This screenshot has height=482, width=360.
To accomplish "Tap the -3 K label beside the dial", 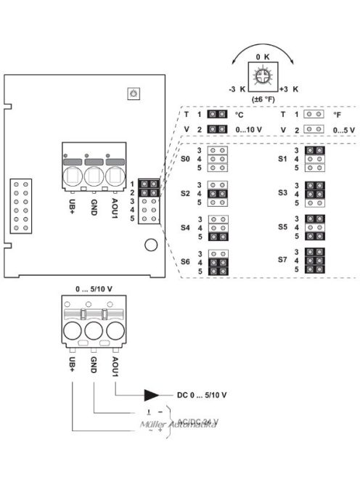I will coord(236,87).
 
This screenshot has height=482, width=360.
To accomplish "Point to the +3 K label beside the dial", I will coord(288,87).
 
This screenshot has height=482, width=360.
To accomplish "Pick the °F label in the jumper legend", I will coord(337,115).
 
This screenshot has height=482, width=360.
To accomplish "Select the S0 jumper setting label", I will coord(185,158).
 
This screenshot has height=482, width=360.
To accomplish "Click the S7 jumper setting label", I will coord(283,259).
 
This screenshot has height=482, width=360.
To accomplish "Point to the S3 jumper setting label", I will coord(283,193).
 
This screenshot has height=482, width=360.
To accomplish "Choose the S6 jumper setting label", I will coord(185,261).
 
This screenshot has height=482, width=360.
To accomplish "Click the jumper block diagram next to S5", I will coord(315,227).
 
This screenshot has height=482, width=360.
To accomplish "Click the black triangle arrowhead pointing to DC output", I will coord(152,395).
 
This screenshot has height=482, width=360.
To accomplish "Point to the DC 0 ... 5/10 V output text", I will coord(202,395).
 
